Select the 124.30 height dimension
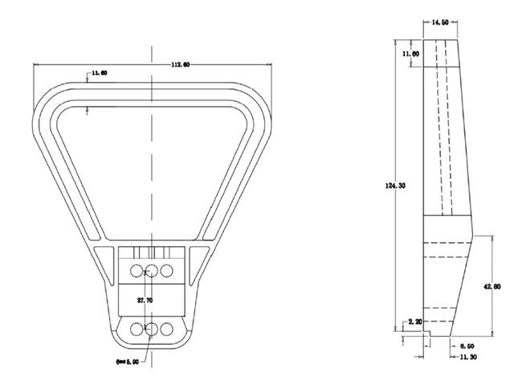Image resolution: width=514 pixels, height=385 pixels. tap(395, 185)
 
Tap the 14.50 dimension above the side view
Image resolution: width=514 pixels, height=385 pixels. tap(440, 23)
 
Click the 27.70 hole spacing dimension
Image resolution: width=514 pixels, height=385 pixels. tap(145, 300)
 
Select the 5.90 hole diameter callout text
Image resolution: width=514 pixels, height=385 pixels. tap(128, 362)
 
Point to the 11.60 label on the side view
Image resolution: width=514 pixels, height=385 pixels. tap(410, 54)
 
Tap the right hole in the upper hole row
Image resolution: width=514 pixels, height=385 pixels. tap(166, 270)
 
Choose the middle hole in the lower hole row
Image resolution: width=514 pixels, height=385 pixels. tap(151, 328)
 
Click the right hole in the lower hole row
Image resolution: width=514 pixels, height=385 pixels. tap(166, 328)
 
